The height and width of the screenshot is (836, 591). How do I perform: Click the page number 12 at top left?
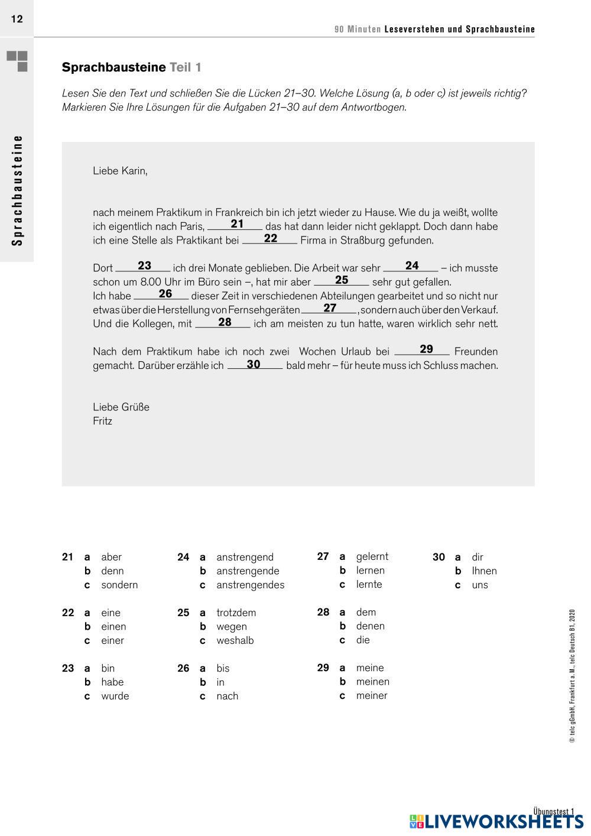[x=17, y=19]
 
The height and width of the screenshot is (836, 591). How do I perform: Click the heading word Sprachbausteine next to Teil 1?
[x=113, y=67]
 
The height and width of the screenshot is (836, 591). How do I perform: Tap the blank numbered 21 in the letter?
[x=236, y=225]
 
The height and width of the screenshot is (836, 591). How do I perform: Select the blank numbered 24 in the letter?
[x=411, y=267]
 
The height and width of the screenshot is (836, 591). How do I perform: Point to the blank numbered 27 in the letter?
[x=329, y=309]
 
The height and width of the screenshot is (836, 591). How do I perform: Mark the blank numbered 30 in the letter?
[x=254, y=365]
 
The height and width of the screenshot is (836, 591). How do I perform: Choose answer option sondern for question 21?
[x=119, y=585]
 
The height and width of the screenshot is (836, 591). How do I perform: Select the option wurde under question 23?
[x=115, y=696]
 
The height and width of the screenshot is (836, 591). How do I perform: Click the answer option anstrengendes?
[x=250, y=585]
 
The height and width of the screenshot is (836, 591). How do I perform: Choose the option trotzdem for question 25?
[x=236, y=613]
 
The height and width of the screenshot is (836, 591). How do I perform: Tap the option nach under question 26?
[x=227, y=696]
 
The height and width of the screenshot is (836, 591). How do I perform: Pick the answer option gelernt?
[x=372, y=556]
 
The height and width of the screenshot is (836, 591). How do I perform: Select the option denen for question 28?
[x=370, y=626]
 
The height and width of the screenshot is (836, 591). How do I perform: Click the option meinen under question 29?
[x=372, y=681]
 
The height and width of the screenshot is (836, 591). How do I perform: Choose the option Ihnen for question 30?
[x=484, y=571]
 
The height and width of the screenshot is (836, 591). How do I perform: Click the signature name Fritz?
[x=102, y=421]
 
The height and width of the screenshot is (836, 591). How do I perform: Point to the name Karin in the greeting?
[x=134, y=171]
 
